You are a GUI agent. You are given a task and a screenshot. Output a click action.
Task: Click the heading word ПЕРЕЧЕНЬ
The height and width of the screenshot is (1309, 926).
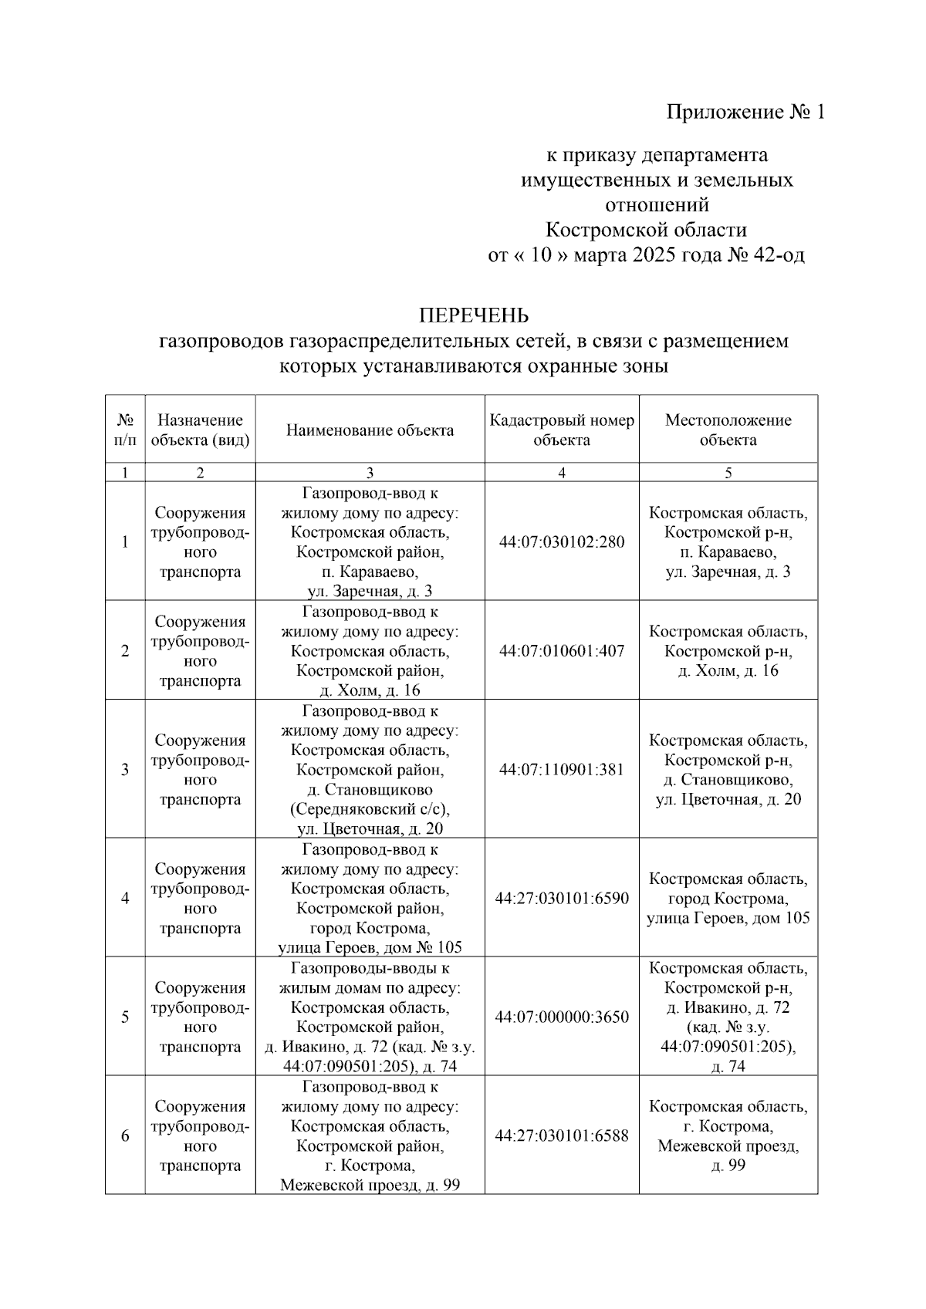point(473,315)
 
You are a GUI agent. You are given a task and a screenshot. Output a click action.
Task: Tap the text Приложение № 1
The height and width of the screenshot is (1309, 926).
point(745,113)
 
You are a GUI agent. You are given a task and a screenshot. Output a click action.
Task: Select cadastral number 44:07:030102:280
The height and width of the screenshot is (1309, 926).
point(561,542)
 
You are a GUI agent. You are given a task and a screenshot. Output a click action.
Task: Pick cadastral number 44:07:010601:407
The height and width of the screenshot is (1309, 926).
point(561,651)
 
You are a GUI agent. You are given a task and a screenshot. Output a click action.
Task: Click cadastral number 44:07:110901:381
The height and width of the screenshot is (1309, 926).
point(561,770)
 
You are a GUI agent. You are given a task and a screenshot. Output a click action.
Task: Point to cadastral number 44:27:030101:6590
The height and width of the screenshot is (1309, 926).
point(561,899)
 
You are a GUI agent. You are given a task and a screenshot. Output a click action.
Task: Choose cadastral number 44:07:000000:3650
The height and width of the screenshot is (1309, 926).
point(561,1017)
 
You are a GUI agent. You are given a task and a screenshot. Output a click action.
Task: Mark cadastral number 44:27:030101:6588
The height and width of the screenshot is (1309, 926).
point(561,1136)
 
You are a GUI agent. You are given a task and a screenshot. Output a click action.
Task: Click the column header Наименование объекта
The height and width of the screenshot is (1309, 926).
point(370,430)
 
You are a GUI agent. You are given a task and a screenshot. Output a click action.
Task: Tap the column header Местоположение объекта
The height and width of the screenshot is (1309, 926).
point(728,430)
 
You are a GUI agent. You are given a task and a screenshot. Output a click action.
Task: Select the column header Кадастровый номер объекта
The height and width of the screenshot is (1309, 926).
point(561,430)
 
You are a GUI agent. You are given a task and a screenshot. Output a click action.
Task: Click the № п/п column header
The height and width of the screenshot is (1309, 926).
point(125,430)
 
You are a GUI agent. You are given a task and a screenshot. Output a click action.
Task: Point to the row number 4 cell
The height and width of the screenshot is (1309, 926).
point(125,899)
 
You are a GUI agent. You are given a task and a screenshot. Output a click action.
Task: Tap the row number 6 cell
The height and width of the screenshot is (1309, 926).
point(125,1136)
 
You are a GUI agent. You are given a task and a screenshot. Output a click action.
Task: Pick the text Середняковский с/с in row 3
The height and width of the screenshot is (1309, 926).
point(370,810)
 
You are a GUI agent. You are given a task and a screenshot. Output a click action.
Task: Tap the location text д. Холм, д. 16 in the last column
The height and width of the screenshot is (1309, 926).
point(728,671)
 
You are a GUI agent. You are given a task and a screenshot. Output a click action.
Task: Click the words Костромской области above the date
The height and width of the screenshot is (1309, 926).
point(646,231)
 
